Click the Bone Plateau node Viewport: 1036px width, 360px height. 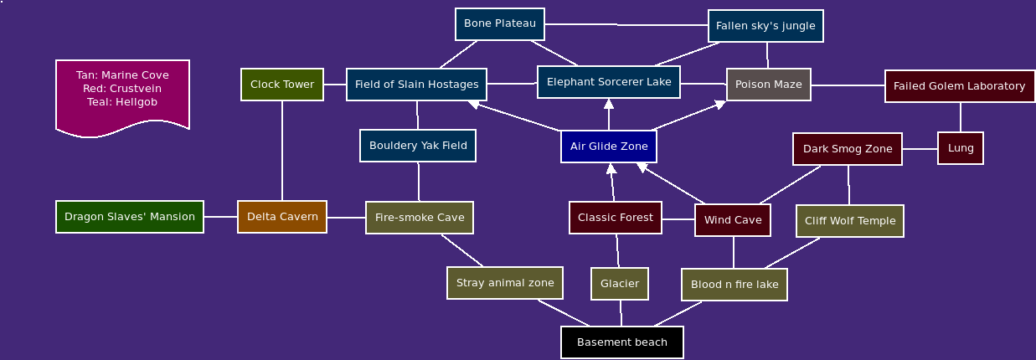coord(499,24)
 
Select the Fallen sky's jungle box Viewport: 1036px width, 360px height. coord(765,26)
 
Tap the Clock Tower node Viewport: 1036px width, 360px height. coord(282,85)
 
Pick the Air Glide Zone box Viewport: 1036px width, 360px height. coord(609,147)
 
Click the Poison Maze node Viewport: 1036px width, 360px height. coord(769,85)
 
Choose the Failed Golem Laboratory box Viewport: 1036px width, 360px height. coord(960,86)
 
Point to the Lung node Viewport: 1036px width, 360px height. coord(961,148)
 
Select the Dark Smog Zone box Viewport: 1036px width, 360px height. coord(848,149)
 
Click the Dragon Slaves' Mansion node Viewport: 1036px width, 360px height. coord(130,217)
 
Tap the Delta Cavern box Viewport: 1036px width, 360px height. coord(282,217)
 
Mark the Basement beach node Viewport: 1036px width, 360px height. coord(622,342)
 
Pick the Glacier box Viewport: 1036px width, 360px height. coord(620,284)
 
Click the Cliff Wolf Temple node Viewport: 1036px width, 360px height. coord(850,221)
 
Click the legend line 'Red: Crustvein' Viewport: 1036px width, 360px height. coord(122,89)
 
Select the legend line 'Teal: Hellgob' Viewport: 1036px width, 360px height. coord(122,102)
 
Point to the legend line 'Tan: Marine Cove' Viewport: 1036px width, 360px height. coord(122,75)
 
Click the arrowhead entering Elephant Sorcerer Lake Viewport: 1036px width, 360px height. coord(609,104)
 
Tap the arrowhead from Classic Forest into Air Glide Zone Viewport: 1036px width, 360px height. coord(611,168)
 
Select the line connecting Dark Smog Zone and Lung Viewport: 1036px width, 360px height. coord(920,149)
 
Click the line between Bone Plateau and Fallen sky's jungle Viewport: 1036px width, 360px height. coord(626,24)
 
